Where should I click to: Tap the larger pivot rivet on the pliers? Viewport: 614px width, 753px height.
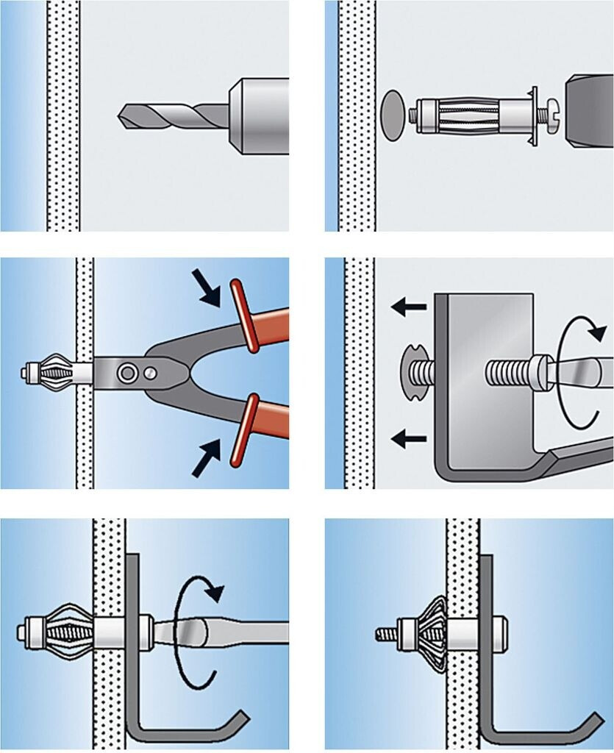tap(129, 372)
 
